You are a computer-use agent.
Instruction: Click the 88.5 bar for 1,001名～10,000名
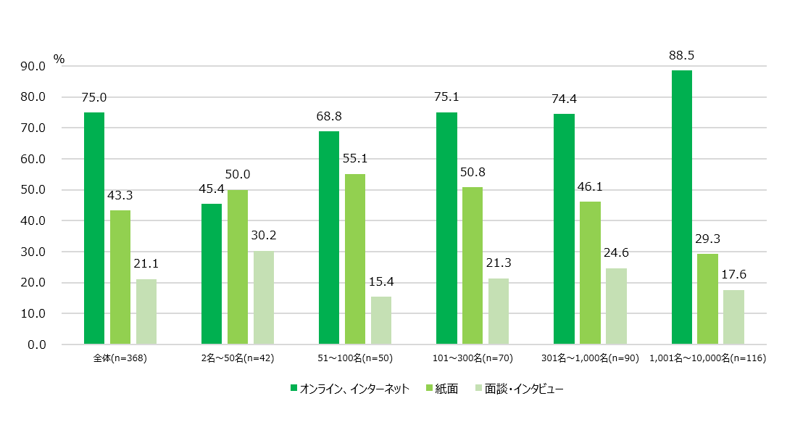(x=681, y=207)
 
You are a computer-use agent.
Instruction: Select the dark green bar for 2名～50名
(x=212, y=274)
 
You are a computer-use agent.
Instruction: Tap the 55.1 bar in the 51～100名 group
(x=355, y=259)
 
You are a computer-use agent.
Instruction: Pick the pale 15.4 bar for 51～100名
(x=381, y=321)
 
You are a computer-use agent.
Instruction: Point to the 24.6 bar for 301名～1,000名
(x=616, y=306)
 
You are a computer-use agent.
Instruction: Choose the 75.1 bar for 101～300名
(x=446, y=228)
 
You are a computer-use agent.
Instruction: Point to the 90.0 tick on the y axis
(x=35, y=66)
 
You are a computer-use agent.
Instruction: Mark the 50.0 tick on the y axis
(x=35, y=190)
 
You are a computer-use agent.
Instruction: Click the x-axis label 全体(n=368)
(x=120, y=358)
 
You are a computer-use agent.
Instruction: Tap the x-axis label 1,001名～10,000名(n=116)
(x=708, y=358)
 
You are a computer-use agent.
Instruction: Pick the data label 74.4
(x=563, y=99)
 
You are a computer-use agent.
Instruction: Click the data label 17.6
(x=733, y=275)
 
